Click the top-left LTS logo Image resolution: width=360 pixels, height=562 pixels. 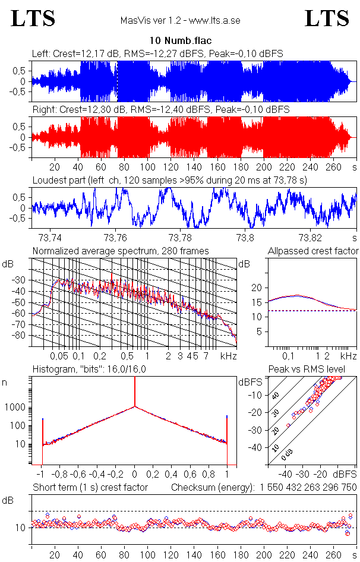tap(33, 19)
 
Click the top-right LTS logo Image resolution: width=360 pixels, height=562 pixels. tap(327, 19)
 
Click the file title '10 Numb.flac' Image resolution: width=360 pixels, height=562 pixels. tap(180, 41)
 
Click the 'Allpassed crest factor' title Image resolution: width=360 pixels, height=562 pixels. tap(313, 251)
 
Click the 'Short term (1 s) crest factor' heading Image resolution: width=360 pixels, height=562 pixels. tap(90, 487)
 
